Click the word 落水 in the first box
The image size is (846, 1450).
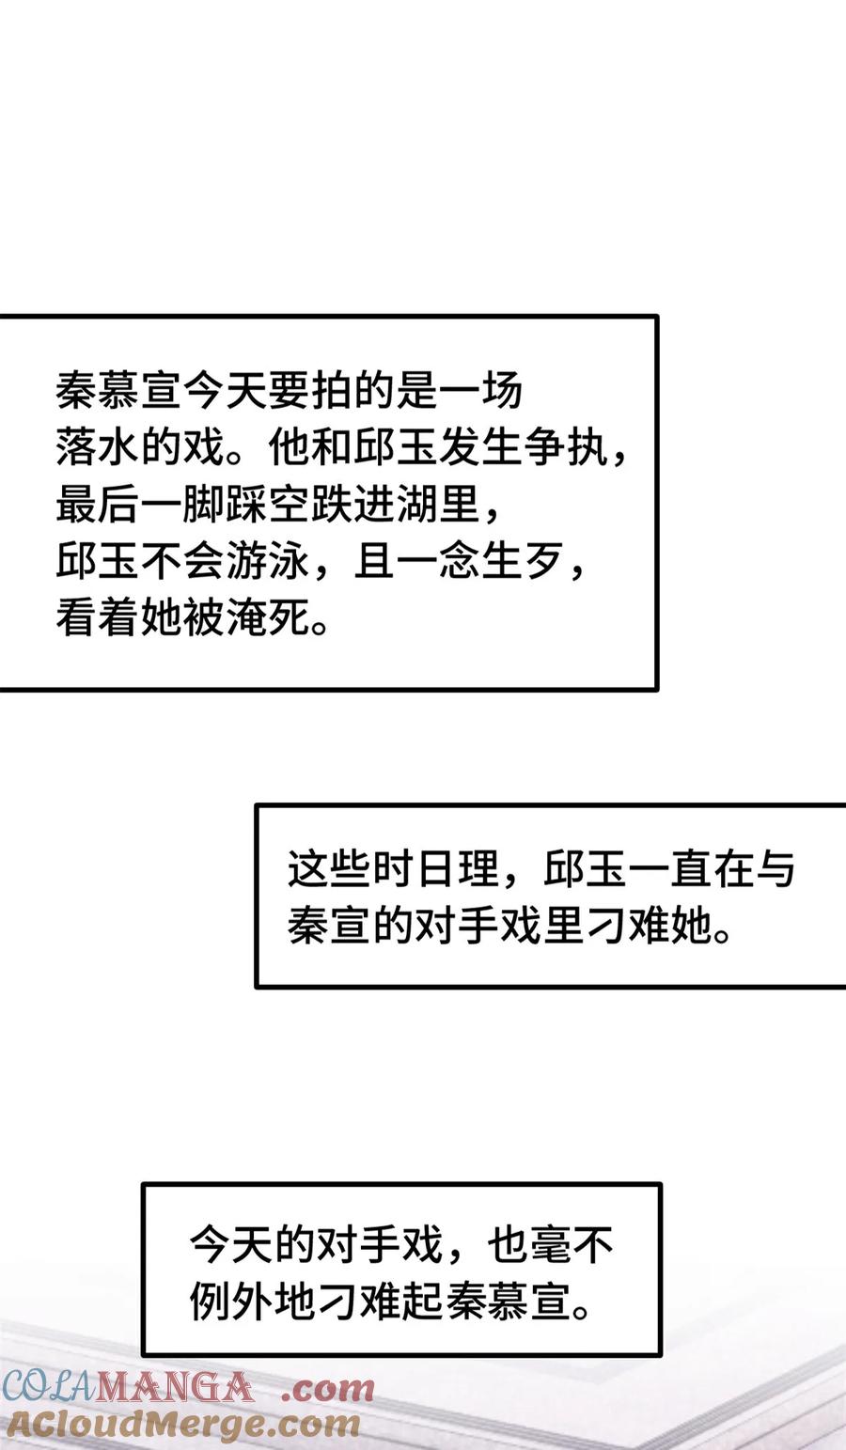(x=98, y=449)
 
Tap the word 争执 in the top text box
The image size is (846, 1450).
(x=564, y=449)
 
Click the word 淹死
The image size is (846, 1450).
(x=268, y=619)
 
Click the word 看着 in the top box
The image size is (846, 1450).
(x=98, y=619)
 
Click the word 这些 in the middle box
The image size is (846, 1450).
(x=330, y=870)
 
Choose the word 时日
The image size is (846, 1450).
(x=415, y=870)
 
